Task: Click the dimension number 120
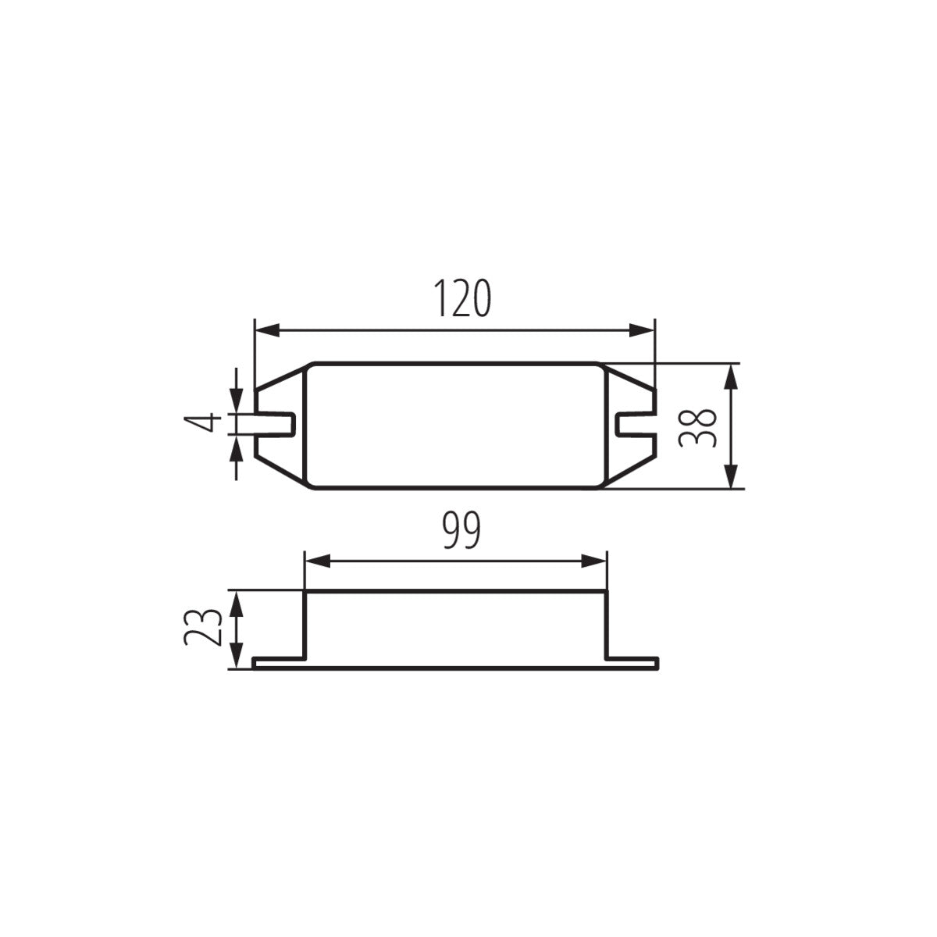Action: coord(462,298)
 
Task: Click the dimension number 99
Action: coord(462,530)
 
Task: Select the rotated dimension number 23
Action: coord(203,628)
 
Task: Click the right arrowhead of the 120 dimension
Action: coord(642,330)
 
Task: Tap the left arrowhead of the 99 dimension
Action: coord(318,561)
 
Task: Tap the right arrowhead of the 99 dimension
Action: coord(593,561)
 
